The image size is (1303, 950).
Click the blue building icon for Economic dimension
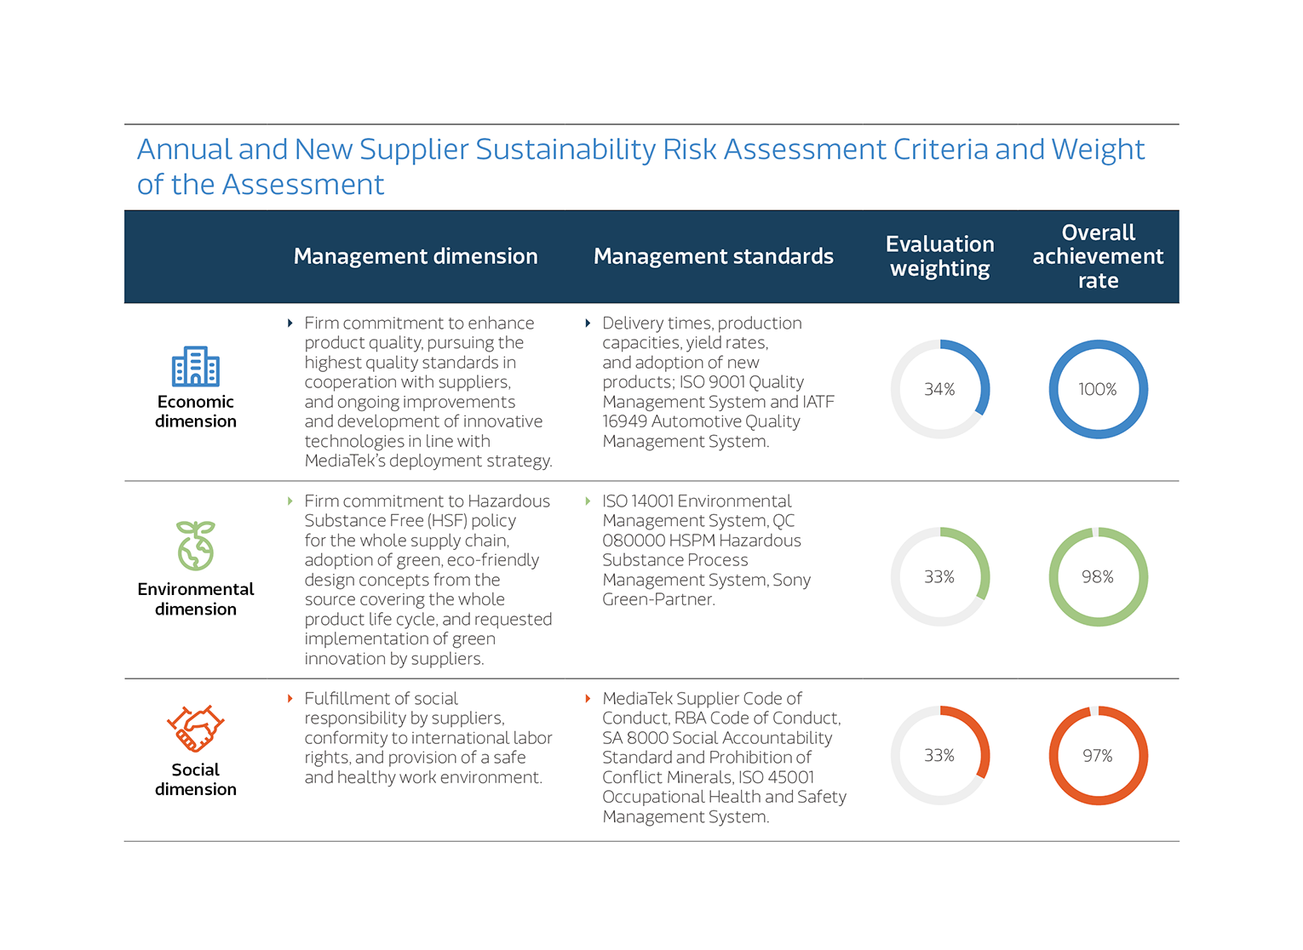click(195, 367)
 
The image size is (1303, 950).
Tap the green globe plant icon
click(195, 546)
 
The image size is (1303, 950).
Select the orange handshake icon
click(195, 729)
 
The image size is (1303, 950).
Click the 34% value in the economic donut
click(939, 389)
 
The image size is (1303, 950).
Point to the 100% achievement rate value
click(1097, 389)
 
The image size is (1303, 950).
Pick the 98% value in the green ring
click(1097, 577)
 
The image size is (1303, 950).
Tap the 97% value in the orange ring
click(1097, 756)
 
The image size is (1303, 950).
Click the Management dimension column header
click(416, 256)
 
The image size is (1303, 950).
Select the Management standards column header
click(713, 256)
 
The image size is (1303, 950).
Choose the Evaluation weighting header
click(939, 256)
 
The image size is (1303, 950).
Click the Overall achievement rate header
click(1098, 256)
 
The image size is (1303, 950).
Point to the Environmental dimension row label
click(196, 598)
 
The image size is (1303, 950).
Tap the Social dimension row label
click(196, 779)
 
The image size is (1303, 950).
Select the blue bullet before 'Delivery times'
click(588, 323)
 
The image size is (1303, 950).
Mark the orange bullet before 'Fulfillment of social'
click(290, 699)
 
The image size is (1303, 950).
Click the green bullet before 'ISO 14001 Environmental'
click(588, 501)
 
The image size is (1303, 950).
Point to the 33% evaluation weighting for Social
click(939, 756)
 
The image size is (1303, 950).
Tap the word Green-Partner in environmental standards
click(657, 599)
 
